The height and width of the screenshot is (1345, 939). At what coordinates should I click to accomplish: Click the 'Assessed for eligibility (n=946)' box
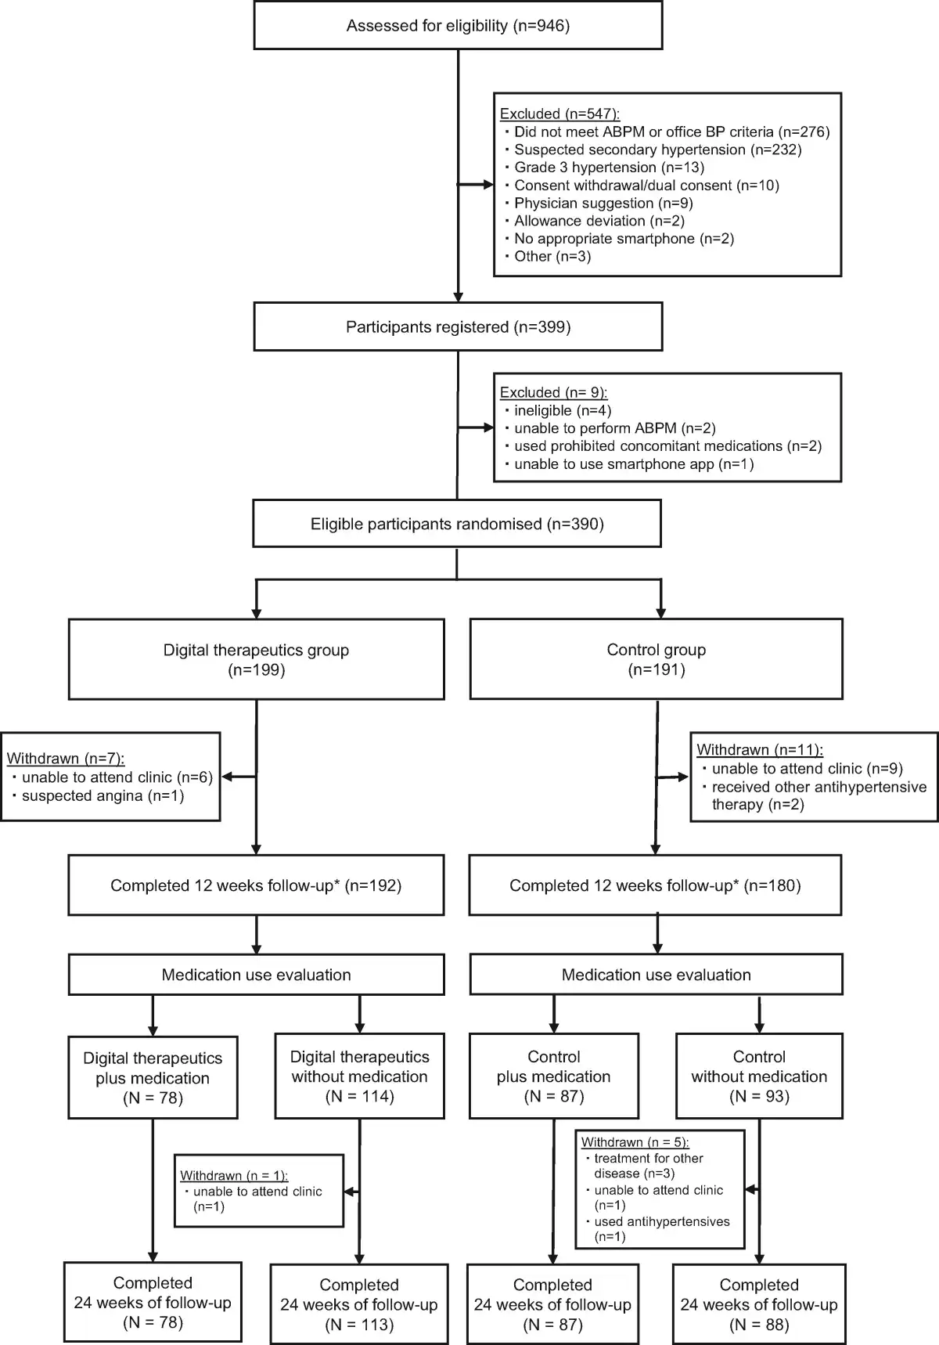[x=458, y=26]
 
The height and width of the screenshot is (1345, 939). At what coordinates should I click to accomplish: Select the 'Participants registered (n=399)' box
[x=458, y=326]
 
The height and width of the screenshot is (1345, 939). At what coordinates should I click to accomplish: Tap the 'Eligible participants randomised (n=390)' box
[x=457, y=524]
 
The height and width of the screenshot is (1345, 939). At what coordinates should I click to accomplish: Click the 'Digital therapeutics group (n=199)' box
[x=256, y=659]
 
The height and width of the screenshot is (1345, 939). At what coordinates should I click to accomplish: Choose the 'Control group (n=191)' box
[x=656, y=659]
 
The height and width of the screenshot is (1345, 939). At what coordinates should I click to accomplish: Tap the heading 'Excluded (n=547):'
[x=559, y=114]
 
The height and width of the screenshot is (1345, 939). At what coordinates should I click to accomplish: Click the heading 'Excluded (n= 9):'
[x=553, y=392]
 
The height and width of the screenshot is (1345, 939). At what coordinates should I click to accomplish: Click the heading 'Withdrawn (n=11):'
[x=760, y=749]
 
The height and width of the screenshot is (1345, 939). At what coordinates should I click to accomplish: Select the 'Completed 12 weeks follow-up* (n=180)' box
[x=655, y=885]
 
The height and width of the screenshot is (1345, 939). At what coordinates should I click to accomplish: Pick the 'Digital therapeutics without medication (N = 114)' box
[x=359, y=1076]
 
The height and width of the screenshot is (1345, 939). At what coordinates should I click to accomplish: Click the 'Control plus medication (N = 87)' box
[x=553, y=1076]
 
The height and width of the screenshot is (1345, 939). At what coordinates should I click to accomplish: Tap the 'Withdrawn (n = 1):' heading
[x=234, y=1176]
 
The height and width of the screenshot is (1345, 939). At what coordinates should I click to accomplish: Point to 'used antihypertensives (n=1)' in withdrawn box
[x=661, y=1229]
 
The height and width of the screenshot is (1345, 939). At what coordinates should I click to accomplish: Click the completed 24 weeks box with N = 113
[x=359, y=1304]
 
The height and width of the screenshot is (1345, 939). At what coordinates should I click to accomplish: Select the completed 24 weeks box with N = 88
[x=759, y=1304]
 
